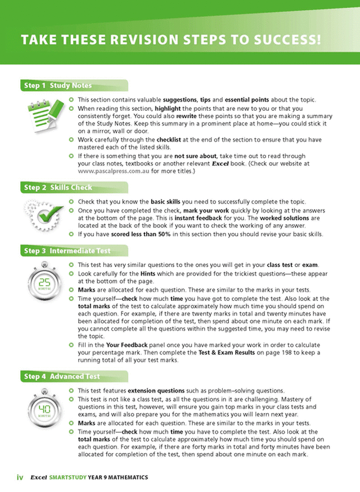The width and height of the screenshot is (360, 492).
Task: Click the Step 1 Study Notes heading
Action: tap(57, 86)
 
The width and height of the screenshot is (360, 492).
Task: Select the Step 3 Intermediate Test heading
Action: tap(67, 251)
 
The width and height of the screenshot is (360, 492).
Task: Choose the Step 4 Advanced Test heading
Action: tap(62, 376)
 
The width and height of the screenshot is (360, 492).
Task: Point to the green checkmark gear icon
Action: tap(43, 214)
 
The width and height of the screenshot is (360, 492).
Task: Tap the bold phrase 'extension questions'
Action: tap(156, 390)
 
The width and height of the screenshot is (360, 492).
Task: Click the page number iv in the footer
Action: tap(19, 477)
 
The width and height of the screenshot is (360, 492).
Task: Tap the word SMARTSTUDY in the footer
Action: tap(67, 477)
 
